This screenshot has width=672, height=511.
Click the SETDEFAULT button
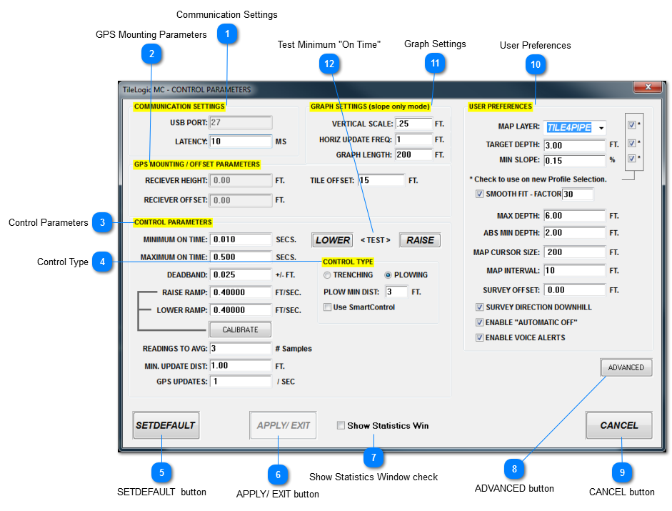click(x=166, y=425)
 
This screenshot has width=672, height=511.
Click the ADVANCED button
click(x=626, y=368)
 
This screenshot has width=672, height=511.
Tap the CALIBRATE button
click(x=240, y=329)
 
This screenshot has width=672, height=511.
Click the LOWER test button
click(x=333, y=240)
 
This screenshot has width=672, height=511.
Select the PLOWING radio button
click(x=389, y=275)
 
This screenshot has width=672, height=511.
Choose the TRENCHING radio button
click(x=328, y=275)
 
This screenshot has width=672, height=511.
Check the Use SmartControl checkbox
click(x=328, y=307)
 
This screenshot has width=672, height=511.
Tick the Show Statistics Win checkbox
click(x=341, y=426)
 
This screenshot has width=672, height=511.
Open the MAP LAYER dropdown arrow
click(x=601, y=128)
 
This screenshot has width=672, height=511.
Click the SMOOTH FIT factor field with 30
click(x=577, y=194)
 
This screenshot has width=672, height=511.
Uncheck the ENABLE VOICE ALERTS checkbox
click(x=480, y=337)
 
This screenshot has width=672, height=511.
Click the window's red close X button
click(x=648, y=87)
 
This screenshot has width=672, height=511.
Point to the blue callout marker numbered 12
click(x=329, y=64)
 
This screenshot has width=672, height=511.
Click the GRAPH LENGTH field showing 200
click(x=413, y=155)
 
